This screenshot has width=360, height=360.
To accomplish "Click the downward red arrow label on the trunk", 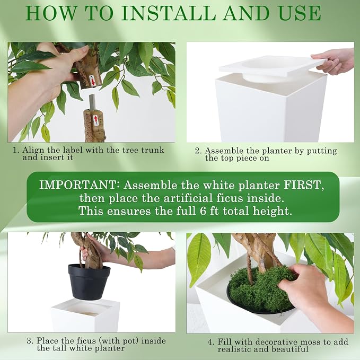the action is pos(92,81).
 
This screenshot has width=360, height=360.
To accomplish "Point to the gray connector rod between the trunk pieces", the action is pos(92,103).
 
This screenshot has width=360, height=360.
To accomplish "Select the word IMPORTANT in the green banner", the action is pos(77,185).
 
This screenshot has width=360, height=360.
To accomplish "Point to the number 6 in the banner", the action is pos(203,211).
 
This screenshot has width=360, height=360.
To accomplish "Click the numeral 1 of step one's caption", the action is pos(15,151).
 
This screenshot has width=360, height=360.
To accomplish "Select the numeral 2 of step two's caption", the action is pos(197,151).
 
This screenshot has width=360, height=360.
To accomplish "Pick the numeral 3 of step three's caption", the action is pos(29,341).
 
